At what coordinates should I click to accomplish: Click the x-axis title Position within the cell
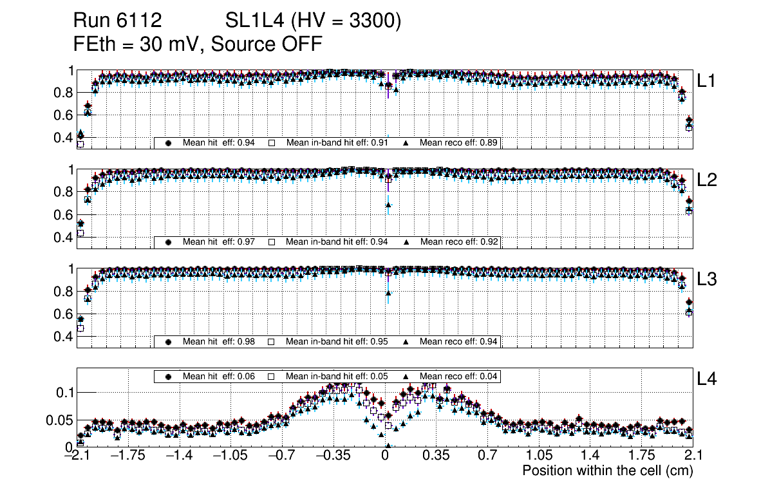tap(607, 471)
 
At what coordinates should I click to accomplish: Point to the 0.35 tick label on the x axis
tap(436, 456)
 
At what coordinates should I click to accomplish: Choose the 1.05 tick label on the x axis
tap(538, 456)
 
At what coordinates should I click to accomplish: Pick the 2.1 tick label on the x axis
tap(692, 456)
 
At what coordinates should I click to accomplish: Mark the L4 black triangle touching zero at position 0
tap(388, 445)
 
